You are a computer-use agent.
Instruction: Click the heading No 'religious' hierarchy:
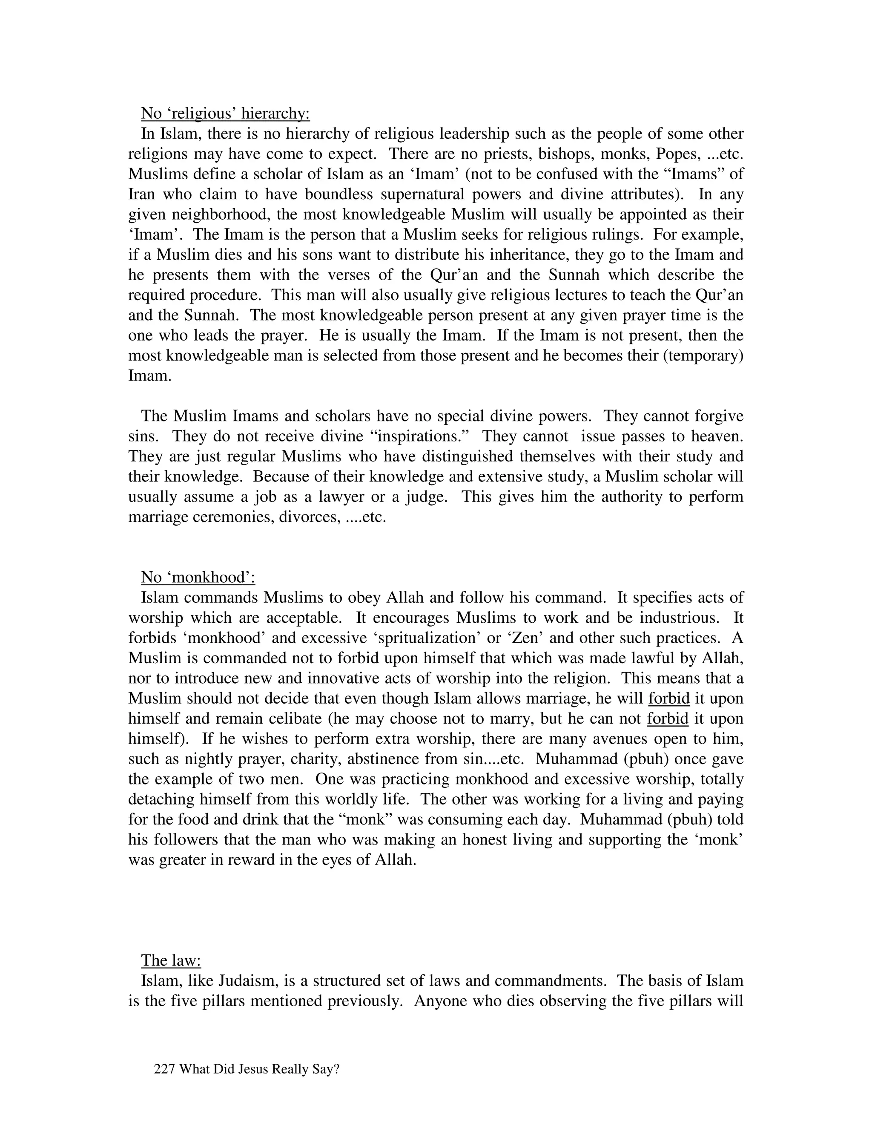(x=225, y=113)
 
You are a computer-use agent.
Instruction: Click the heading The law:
(x=171, y=960)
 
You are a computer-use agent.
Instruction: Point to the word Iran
(x=141, y=194)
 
